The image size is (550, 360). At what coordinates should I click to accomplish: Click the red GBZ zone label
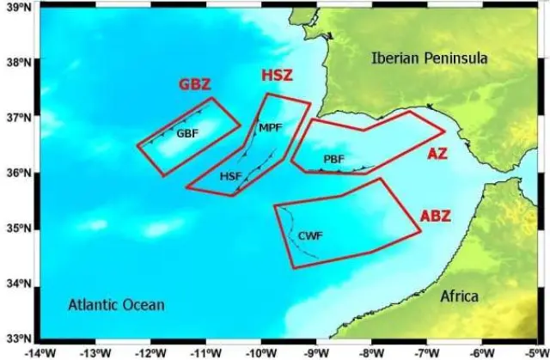pos(195,85)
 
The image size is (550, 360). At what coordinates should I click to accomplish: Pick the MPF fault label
pos(271,128)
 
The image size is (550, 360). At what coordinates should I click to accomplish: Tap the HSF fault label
pos(230,176)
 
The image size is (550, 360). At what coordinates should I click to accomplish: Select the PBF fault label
pos(334,160)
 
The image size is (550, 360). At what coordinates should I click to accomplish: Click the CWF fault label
pos(309,235)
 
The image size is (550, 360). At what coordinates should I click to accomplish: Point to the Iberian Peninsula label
pos(429,58)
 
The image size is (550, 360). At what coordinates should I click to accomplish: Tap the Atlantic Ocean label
pos(116,305)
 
